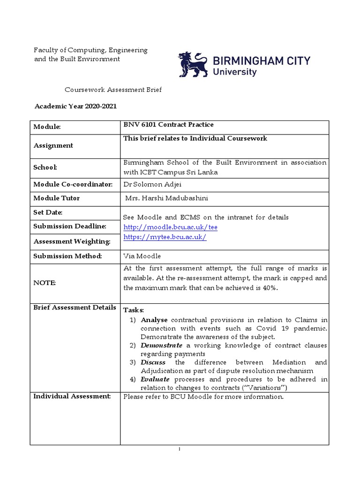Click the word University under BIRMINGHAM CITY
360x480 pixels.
click(235, 72)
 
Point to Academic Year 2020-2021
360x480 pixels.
click(75, 106)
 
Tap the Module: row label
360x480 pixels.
click(47, 127)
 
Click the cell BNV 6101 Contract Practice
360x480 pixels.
click(168, 125)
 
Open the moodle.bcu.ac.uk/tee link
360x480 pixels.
click(170, 227)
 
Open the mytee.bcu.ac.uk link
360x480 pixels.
click(165, 237)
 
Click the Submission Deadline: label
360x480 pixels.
click(70, 226)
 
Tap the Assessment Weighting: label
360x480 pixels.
click(72, 242)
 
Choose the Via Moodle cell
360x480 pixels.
click(142, 256)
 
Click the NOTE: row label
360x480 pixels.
click(44, 283)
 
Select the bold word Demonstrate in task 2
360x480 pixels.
click(162, 345)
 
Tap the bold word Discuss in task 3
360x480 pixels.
click(153, 362)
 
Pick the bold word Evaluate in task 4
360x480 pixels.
click(155, 379)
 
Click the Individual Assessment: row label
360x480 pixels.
click(72, 397)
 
